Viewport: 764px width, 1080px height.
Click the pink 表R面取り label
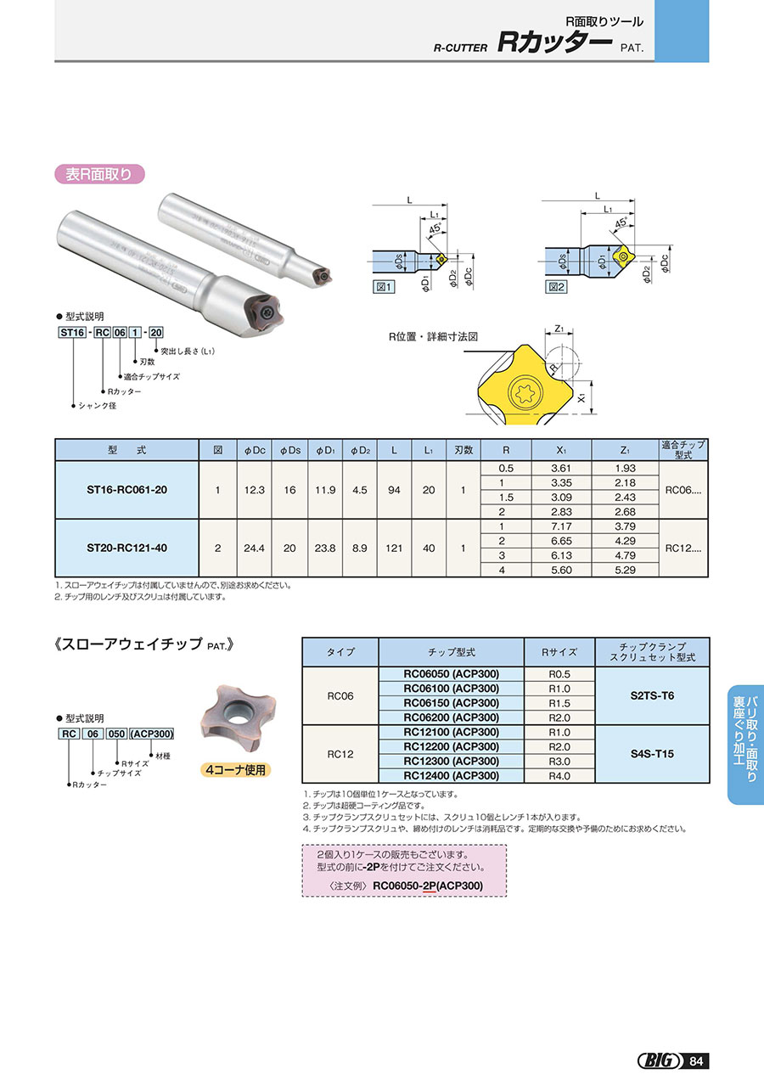[99, 174]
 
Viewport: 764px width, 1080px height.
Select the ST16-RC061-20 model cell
[126, 490]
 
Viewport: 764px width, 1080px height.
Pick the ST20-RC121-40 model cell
[126, 548]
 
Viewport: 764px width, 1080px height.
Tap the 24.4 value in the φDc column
[253, 548]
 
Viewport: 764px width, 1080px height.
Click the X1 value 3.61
[559, 468]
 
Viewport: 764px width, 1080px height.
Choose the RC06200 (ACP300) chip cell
[451, 717]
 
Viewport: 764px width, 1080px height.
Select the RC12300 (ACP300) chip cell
[451, 761]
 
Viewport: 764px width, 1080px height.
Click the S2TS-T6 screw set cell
[652, 695]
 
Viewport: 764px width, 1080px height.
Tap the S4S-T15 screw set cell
[652, 753]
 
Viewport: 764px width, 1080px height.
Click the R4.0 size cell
[559, 775]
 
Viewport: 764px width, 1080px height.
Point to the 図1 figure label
[385, 287]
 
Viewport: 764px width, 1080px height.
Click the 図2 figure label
[556, 287]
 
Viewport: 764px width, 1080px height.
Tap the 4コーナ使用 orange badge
[236, 770]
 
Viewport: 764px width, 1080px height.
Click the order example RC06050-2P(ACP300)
[427, 885]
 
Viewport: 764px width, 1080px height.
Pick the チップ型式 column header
[451, 652]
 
